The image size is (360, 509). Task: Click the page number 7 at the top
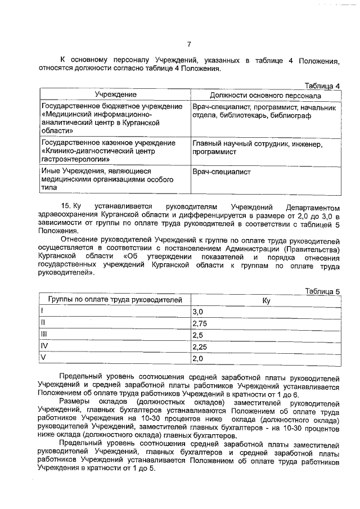pos(189,44)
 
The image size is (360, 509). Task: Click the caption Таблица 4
pos(322,86)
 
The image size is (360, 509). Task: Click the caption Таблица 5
pos(322,291)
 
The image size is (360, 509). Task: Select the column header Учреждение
pos(115,94)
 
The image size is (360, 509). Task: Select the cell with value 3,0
pos(197,312)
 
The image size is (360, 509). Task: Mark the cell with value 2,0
pos(197,358)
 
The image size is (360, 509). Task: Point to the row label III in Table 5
pos(43,335)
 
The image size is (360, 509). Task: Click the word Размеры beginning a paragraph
pos(75,403)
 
